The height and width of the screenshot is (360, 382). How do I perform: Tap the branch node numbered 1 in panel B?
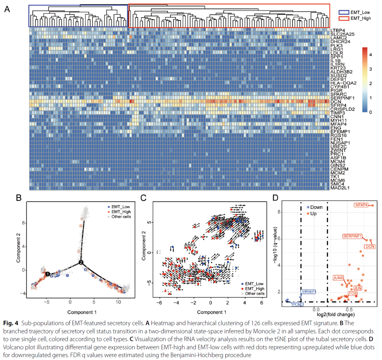click(x=47, y=274)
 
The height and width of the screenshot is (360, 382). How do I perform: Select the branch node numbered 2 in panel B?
click(x=81, y=262)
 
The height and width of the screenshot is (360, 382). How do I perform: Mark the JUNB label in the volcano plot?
click(x=338, y=278)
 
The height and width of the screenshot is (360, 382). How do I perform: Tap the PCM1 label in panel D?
click(x=297, y=304)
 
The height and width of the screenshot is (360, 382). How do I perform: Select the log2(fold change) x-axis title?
click(x=336, y=314)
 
